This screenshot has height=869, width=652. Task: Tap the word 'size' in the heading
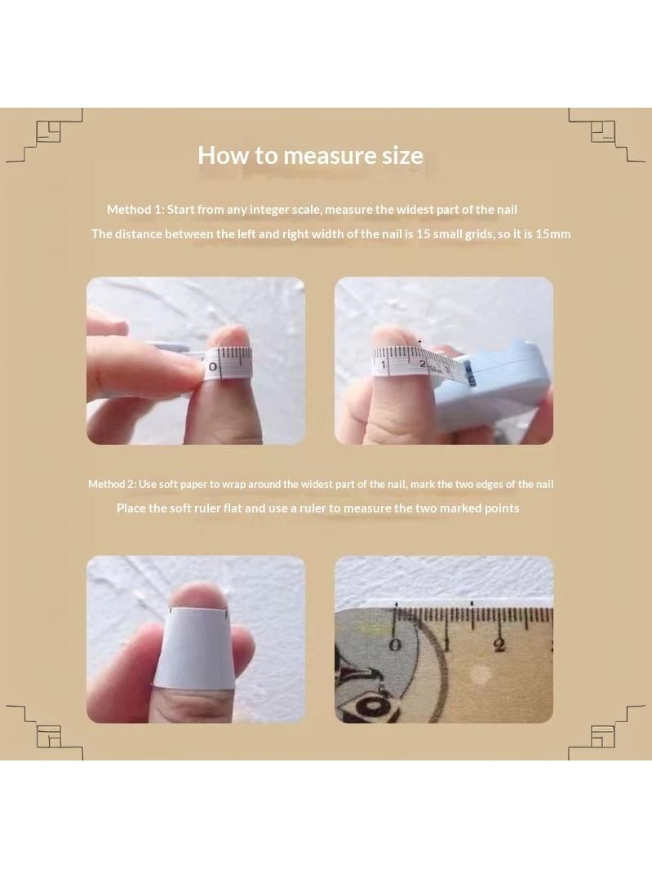402,155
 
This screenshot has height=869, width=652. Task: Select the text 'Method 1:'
135,210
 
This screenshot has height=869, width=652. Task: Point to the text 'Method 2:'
112,484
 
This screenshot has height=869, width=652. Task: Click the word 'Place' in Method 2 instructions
131,508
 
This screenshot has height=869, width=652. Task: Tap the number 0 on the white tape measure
212,367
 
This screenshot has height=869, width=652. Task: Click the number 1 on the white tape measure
383,365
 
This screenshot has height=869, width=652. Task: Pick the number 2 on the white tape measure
423,364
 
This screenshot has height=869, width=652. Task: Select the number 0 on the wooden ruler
395,645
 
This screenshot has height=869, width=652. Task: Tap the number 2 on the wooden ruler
499,645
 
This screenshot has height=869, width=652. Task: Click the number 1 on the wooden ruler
448,645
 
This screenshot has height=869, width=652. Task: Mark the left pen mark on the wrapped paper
172,610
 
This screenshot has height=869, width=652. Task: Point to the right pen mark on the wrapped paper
224,614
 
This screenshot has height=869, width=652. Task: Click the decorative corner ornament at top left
44,135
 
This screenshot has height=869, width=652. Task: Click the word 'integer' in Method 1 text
269,210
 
